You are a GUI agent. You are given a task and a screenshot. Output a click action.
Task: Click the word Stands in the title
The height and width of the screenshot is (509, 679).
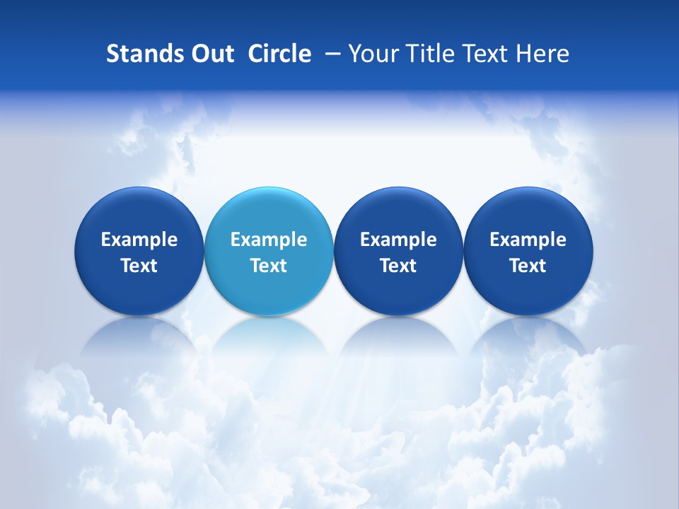(144, 54)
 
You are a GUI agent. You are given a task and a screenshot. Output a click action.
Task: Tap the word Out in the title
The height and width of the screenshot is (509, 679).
(211, 54)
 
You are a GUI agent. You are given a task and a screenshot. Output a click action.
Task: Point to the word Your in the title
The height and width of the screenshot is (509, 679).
(372, 54)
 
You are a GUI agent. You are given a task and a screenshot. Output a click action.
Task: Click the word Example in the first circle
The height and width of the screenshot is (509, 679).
(139, 240)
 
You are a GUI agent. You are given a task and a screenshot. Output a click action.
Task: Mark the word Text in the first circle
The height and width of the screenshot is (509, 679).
(139, 266)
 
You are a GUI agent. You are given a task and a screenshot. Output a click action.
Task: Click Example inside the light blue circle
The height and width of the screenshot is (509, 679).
(268, 240)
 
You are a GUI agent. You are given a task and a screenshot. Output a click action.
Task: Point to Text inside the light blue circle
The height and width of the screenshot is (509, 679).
(268, 266)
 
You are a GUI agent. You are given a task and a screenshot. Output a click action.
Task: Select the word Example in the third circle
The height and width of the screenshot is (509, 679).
(398, 240)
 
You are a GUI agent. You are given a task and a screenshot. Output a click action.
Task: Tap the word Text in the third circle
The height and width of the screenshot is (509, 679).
(398, 266)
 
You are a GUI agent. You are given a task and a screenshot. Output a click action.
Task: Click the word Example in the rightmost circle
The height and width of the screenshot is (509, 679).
(528, 240)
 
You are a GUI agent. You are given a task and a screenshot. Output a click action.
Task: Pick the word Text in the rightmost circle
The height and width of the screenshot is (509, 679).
(528, 266)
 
